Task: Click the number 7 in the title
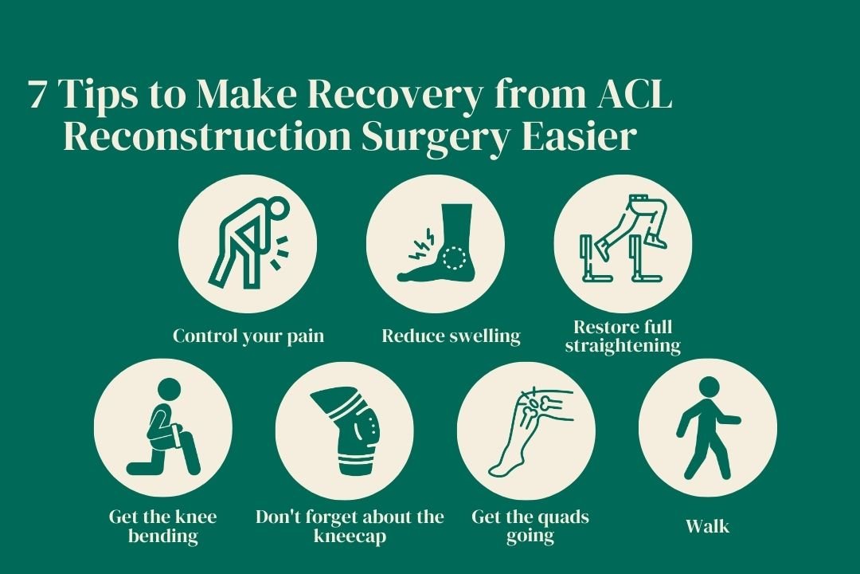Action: coord(37,95)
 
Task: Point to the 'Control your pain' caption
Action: coord(248,336)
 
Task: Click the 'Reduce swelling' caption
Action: coord(451,336)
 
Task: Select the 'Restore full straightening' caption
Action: coord(623,336)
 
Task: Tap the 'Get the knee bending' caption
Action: coord(163,526)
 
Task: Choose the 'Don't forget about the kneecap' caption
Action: coord(350,526)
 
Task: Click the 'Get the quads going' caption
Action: coord(530,526)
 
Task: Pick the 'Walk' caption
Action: coord(707,526)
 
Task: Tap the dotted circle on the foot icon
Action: coord(455,258)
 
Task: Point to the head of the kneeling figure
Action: coord(169,390)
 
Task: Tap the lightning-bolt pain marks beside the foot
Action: coord(417,242)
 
